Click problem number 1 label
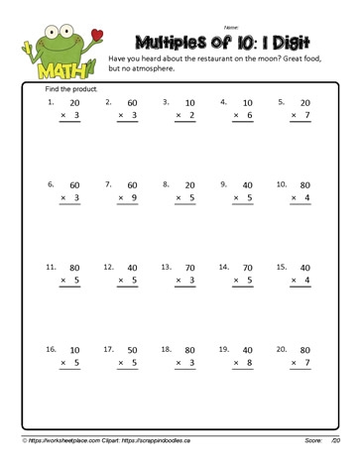(50, 101)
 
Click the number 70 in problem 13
(191, 268)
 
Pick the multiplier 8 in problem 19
(251, 364)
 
